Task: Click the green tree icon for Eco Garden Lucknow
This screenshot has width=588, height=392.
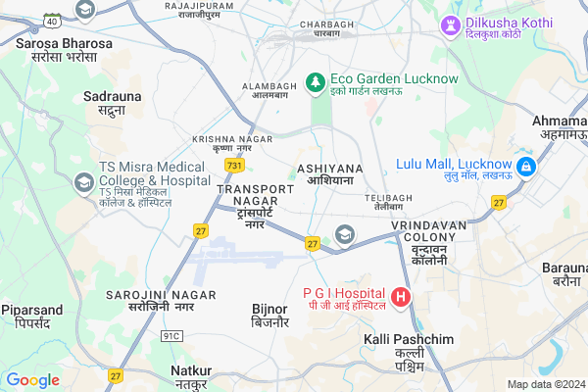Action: (316, 81)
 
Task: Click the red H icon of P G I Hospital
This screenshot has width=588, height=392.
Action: (400, 295)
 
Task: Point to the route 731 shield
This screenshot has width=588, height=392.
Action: (234, 166)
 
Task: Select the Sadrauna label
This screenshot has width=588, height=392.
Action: (112, 103)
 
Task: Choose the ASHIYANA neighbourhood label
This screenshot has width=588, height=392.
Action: (329, 174)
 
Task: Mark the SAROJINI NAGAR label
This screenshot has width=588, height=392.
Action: (148, 300)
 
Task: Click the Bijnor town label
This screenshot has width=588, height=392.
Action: (269, 315)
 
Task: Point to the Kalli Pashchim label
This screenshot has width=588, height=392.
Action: (408, 352)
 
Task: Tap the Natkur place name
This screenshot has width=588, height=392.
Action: (191, 376)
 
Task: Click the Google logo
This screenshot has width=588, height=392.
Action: (33, 380)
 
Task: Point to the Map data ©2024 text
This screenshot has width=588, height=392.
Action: (545, 384)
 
